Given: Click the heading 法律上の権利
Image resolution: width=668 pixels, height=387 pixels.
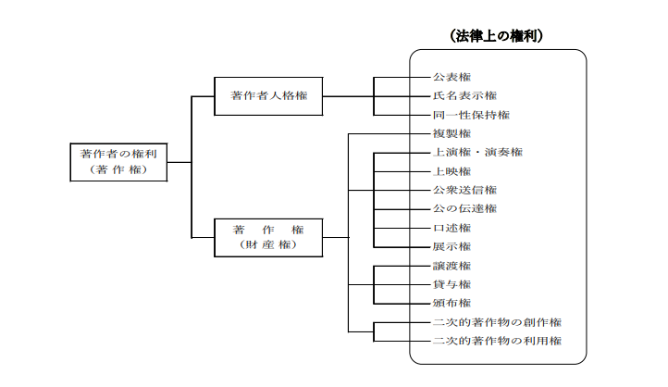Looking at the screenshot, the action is [x=496, y=36].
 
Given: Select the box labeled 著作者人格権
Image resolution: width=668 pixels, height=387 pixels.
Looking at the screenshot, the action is [x=268, y=96].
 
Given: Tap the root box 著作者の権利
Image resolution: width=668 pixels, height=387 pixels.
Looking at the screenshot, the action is [x=118, y=162].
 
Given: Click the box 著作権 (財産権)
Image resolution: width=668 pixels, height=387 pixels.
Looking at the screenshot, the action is [x=268, y=238].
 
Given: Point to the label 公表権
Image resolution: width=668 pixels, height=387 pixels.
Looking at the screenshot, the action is [x=452, y=77].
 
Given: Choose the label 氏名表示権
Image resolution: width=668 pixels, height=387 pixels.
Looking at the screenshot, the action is [x=464, y=96].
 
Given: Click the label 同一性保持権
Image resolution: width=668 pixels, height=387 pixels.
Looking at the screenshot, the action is [x=471, y=115].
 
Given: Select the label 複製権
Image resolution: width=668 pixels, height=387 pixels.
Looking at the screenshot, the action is [x=452, y=134].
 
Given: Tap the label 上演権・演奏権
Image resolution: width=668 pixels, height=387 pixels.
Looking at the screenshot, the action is [x=477, y=153].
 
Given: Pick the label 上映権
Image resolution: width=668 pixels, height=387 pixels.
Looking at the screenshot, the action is [x=452, y=172].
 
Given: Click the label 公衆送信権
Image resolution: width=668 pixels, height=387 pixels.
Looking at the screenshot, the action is [x=464, y=190].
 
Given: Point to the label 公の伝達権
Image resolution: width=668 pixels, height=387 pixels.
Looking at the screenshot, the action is [x=464, y=209].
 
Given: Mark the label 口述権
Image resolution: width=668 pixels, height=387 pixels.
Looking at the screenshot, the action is [x=452, y=228].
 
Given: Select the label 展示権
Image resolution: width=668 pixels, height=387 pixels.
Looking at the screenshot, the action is [x=452, y=247].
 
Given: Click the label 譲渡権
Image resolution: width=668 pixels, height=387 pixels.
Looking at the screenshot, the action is [x=452, y=266].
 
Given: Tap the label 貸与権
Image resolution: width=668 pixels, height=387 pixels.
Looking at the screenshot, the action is [x=452, y=284].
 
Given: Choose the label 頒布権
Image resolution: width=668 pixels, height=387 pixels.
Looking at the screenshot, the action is [x=452, y=303].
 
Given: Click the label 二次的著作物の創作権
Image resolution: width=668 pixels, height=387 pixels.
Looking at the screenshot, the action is [x=497, y=322].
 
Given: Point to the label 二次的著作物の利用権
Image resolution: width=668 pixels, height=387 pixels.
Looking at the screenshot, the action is [x=497, y=341].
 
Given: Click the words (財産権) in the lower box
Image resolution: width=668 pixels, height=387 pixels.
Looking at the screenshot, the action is [x=268, y=245].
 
